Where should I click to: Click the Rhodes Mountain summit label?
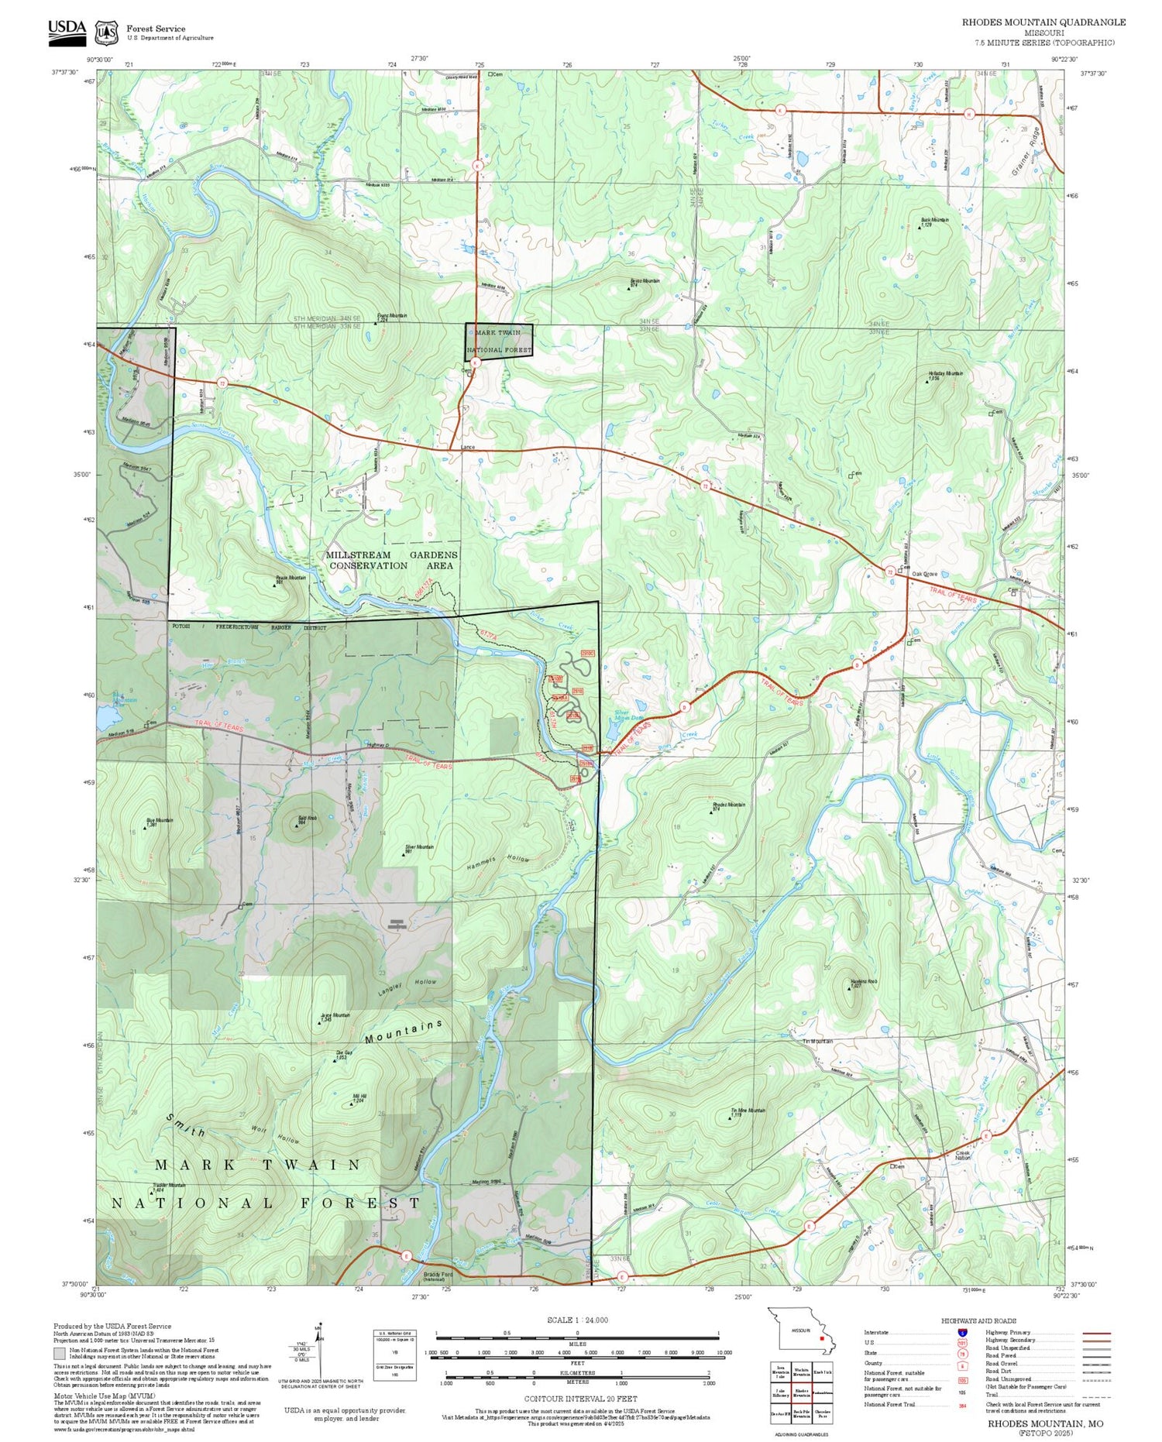(x=728, y=805)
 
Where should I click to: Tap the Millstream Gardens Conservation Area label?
(x=391, y=560)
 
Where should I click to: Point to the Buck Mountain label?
(x=934, y=220)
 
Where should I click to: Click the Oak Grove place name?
(x=924, y=574)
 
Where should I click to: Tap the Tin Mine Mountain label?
(x=748, y=1110)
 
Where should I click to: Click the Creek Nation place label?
(x=963, y=1155)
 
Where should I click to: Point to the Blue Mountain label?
(x=159, y=820)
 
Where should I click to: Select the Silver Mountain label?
(x=419, y=846)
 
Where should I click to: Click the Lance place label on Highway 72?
(x=467, y=447)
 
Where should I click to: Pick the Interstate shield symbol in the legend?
(x=961, y=1332)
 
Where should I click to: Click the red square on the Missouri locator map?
(x=820, y=1337)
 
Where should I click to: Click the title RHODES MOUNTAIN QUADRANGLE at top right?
(x=1043, y=22)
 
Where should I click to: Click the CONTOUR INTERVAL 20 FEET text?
(x=580, y=1399)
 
